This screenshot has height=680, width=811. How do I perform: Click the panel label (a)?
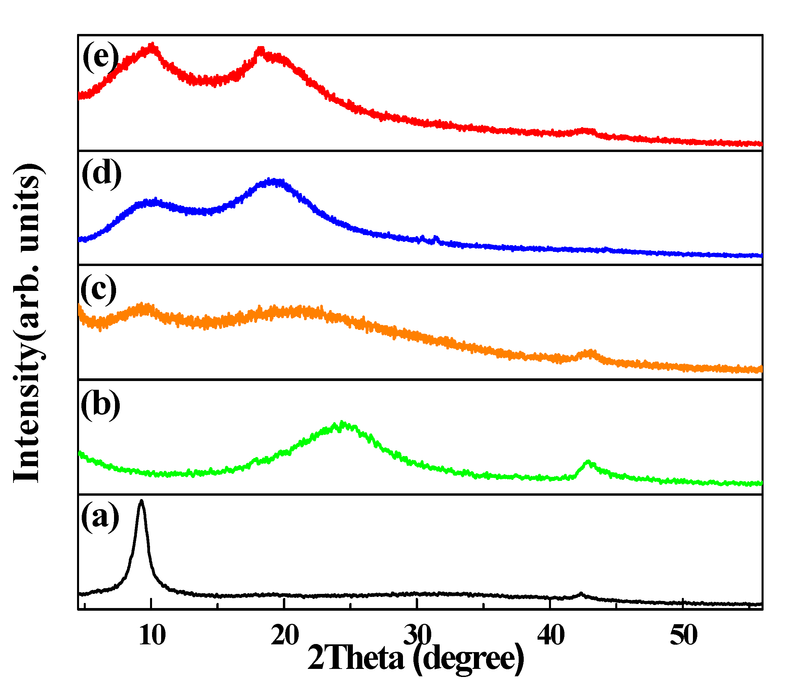pos(100,516)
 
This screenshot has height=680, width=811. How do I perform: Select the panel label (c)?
pos(98,290)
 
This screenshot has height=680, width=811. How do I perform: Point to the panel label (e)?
pos(101,57)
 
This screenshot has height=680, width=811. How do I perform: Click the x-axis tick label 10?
pos(152,635)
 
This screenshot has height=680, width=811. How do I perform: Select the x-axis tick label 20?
pos(285,635)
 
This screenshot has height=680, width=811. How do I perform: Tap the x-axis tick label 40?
pos(551,635)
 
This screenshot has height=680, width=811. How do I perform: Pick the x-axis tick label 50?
pos(684,635)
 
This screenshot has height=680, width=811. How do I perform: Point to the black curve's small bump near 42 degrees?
pos(581,594)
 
